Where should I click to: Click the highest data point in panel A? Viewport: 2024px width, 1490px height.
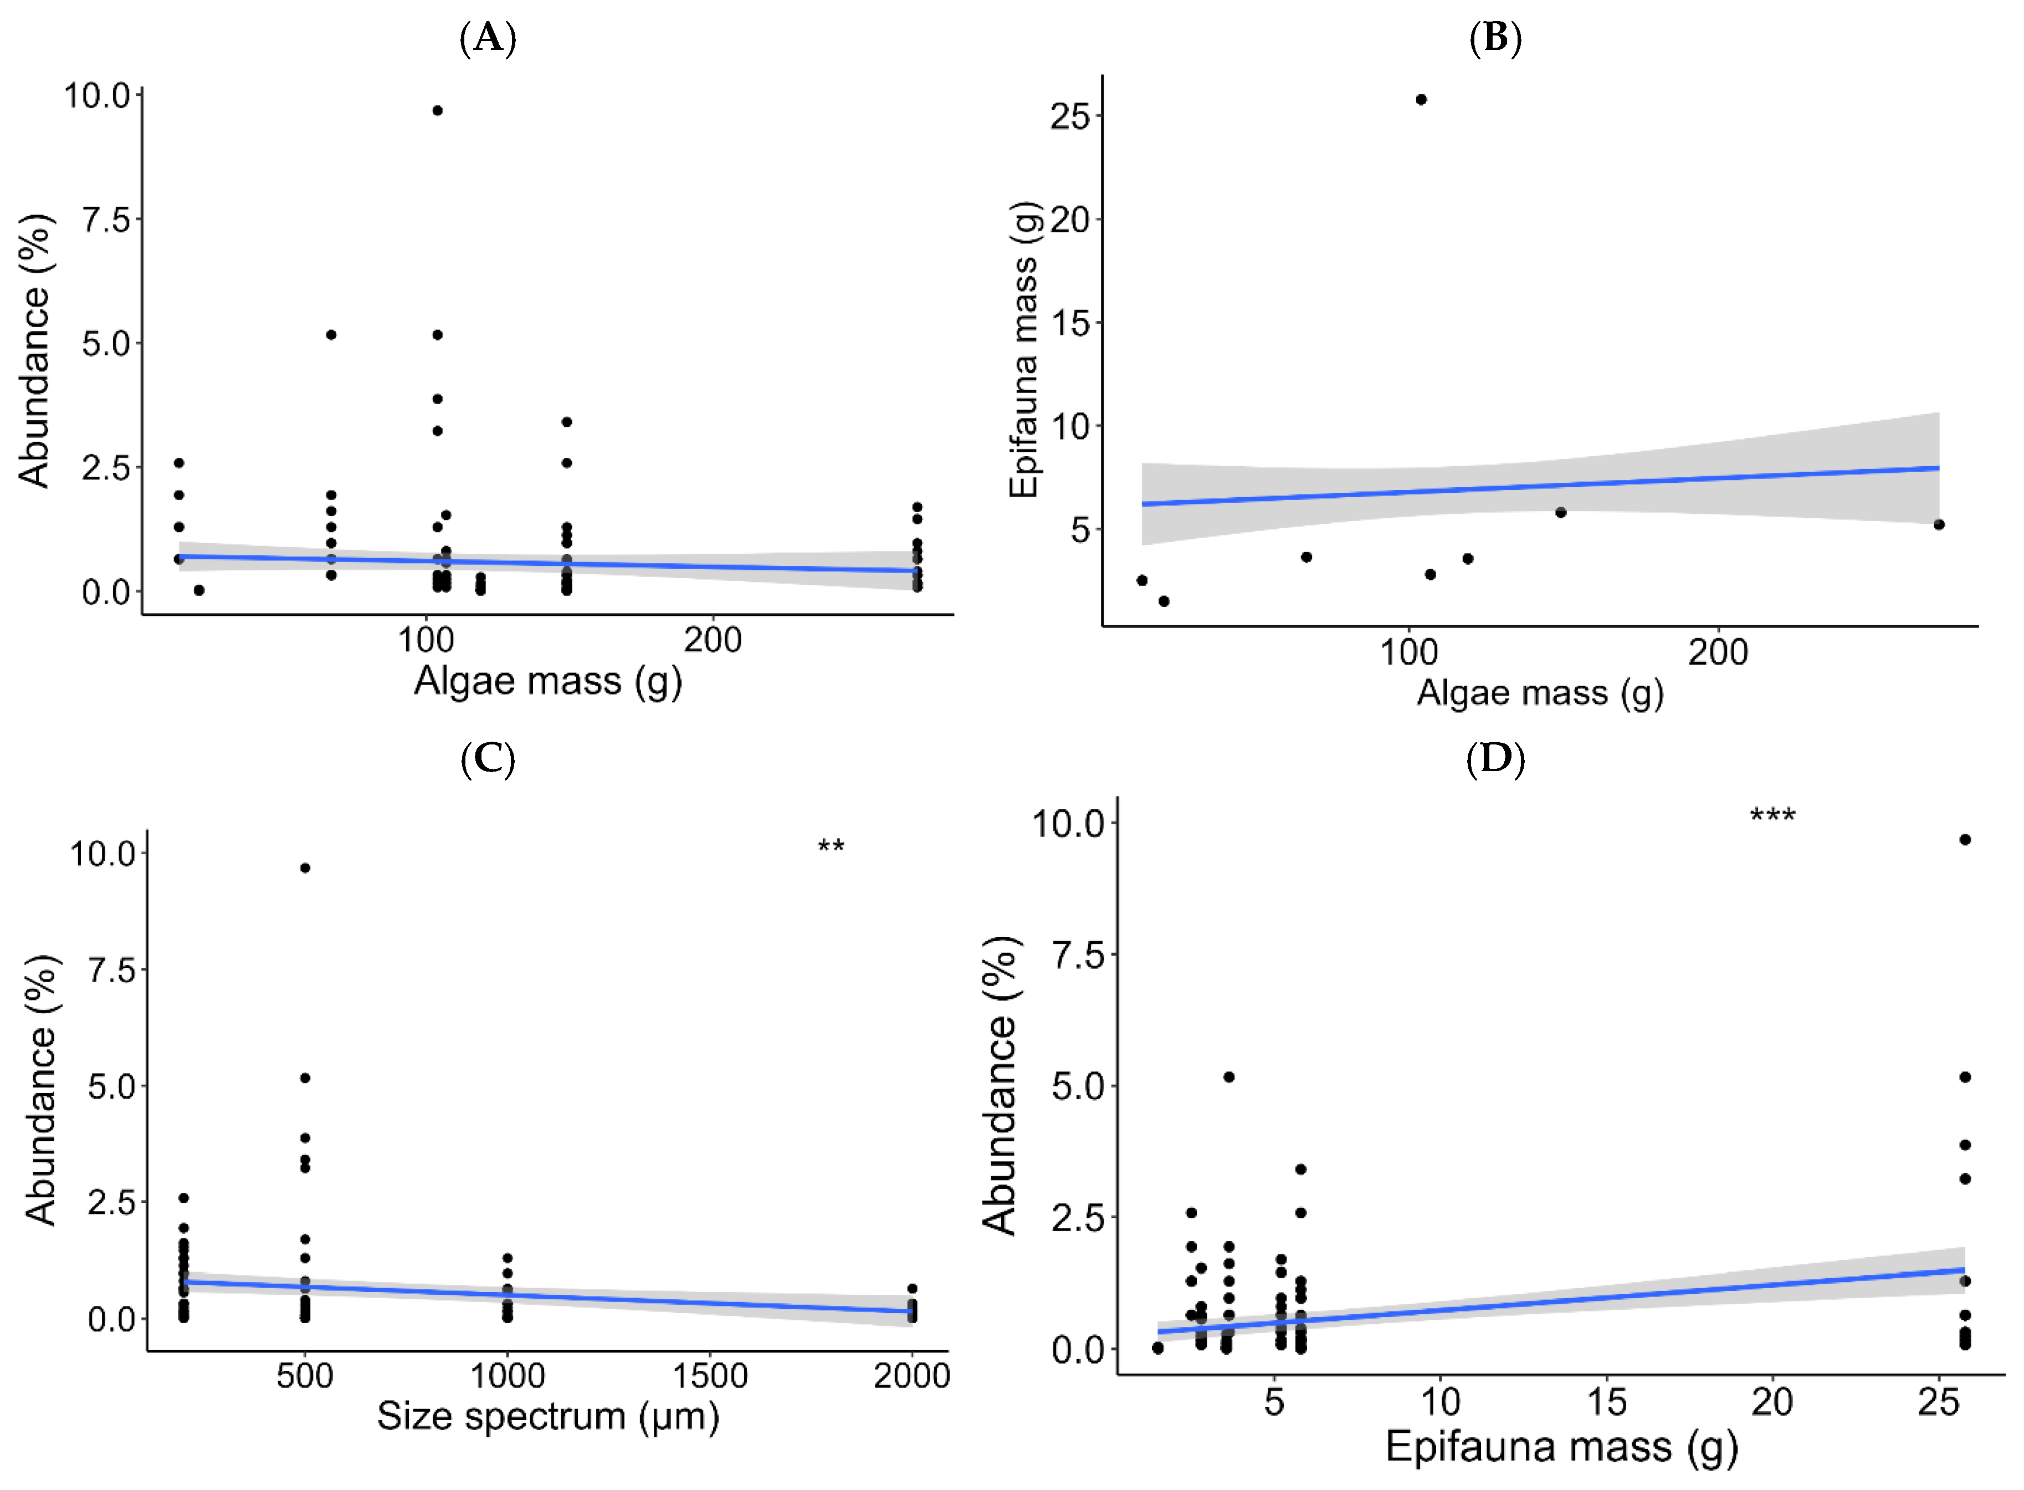(437, 111)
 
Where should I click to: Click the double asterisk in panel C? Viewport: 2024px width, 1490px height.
(831, 846)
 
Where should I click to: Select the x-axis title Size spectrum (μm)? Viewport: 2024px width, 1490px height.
(547, 1417)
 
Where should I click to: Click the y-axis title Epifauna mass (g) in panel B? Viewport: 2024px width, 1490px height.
(1025, 350)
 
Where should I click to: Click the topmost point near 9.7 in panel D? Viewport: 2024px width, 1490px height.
(1965, 840)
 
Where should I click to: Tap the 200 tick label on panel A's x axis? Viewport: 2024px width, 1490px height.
(711, 640)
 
